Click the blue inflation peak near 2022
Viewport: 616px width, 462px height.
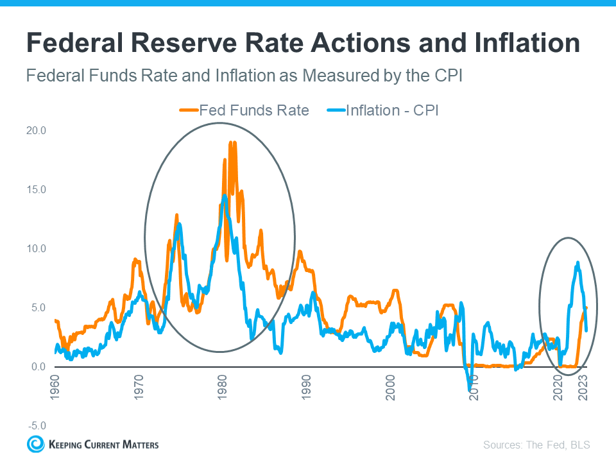coord(578,262)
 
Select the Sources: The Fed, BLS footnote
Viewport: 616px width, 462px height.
coord(536,445)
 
